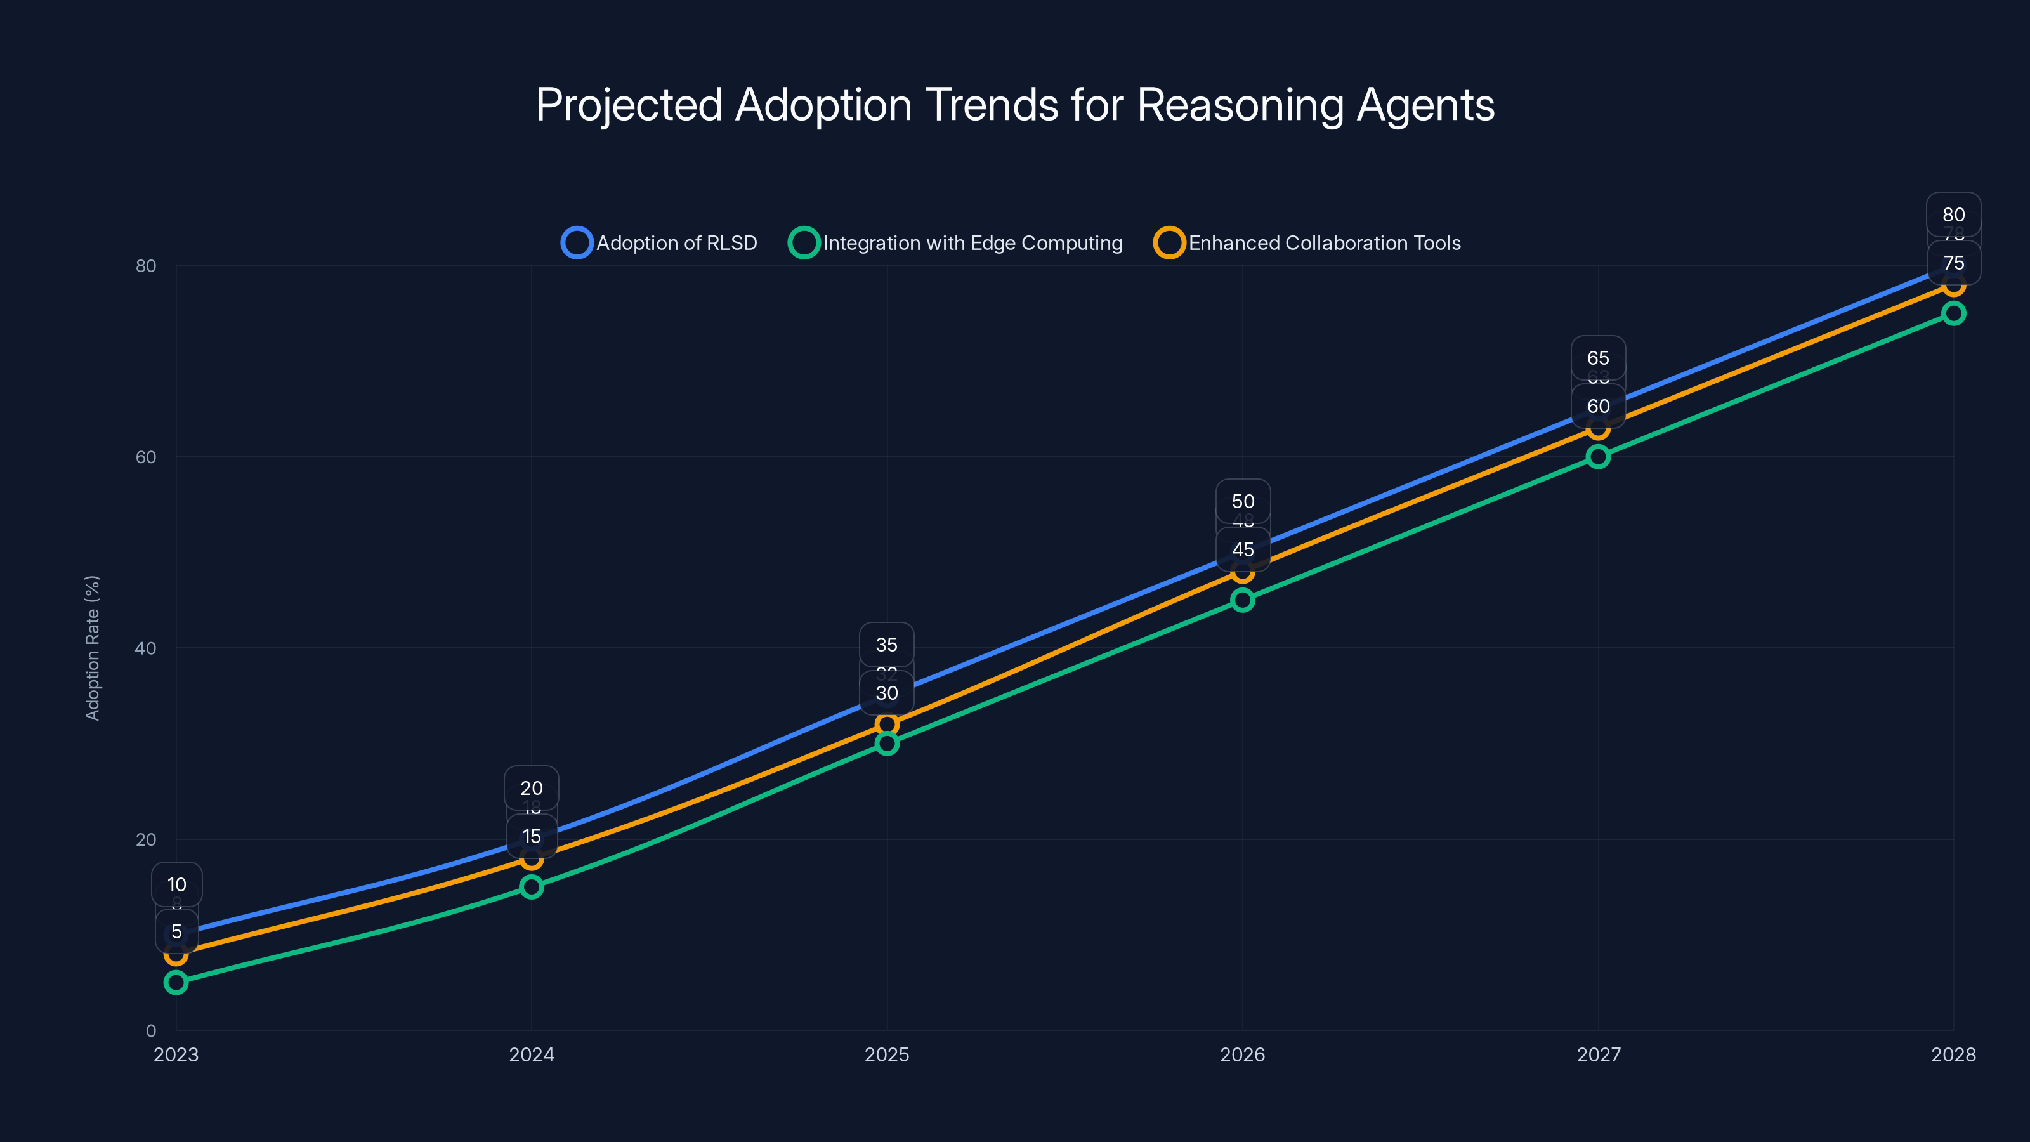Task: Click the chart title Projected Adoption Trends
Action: pos(1015,105)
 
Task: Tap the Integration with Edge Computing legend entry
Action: pos(955,243)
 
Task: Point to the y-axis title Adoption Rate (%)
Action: pos(92,647)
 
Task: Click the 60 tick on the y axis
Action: pos(146,457)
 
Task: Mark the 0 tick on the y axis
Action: pos(150,1030)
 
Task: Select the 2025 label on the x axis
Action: pos(887,1054)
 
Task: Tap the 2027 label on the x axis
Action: pos(1598,1054)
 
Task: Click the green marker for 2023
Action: pos(176,982)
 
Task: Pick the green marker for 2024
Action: pos(531,887)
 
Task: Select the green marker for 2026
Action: pos(1243,600)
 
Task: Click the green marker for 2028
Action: pos(1954,313)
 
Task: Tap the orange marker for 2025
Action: pos(887,723)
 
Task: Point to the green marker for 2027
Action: pos(1598,456)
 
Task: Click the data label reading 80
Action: pos(1954,214)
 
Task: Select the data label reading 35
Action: pos(887,645)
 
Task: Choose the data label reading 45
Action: pos(1243,549)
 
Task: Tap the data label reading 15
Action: pos(531,836)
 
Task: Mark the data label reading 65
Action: pos(1598,358)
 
